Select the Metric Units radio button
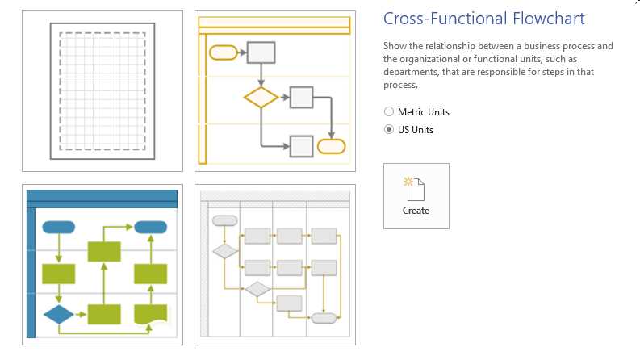tap(389, 112)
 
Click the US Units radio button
tap(389, 129)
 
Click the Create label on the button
tap(416, 211)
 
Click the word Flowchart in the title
tap(546, 19)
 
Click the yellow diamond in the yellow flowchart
tap(261, 98)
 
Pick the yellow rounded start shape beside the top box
tap(223, 52)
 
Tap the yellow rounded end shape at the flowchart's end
tap(331, 146)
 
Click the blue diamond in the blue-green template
tap(58, 314)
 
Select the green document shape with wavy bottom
tap(150, 314)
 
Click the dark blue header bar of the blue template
tap(102, 197)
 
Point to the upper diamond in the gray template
tap(225, 251)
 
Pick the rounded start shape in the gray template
tap(224, 220)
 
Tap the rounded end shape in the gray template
tap(324, 318)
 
